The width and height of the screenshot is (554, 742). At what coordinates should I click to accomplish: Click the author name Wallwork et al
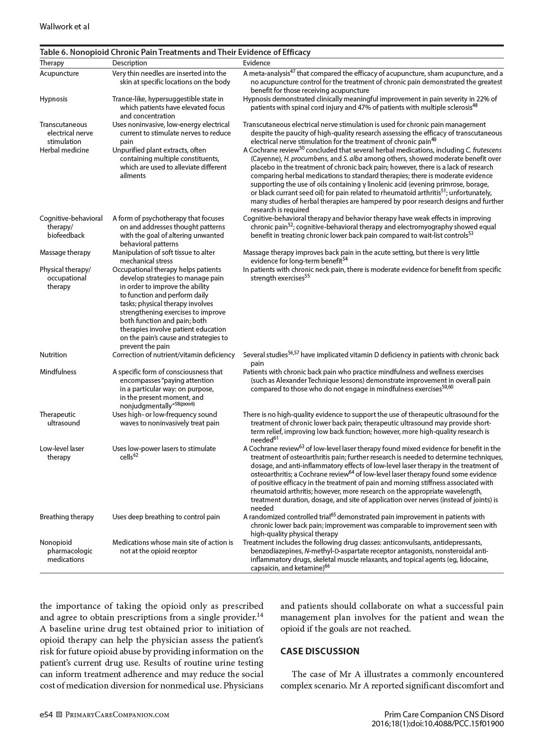click(64, 27)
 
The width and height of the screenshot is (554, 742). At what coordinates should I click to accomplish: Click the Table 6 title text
click(175, 52)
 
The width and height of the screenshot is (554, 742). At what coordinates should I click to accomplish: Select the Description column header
click(129, 63)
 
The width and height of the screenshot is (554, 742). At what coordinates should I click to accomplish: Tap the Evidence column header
click(257, 63)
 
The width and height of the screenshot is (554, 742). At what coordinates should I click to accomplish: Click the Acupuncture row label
click(59, 73)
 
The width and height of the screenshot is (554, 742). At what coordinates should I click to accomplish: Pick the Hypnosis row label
click(54, 99)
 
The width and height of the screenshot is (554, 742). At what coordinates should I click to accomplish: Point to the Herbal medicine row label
click(64, 150)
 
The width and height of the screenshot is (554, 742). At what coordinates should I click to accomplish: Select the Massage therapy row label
click(65, 253)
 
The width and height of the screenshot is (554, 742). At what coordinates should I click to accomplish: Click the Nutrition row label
click(53, 355)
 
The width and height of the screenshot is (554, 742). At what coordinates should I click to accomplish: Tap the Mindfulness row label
click(58, 372)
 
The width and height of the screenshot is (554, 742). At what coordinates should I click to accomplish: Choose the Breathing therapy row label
click(67, 517)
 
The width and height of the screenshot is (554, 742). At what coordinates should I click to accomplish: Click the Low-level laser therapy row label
click(61, 453)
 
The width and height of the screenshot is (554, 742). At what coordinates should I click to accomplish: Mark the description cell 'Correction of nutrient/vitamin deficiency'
click(173, 355)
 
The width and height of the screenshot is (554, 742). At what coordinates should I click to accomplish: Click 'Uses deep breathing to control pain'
click(166, 517)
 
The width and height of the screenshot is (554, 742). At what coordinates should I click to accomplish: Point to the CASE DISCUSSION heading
click(320, 651)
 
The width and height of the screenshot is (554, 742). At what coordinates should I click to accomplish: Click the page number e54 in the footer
click(46, 715)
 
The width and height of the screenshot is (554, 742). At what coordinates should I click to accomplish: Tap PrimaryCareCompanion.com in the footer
click(116, 715)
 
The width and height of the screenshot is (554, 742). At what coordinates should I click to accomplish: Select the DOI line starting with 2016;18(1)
click(438, 724)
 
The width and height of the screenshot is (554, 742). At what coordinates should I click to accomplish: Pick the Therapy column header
click(52, 63)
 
